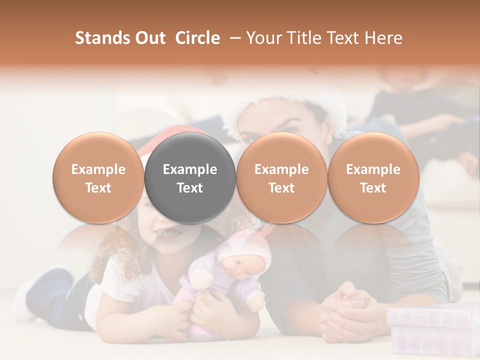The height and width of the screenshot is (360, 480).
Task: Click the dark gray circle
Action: (x=190, y=177)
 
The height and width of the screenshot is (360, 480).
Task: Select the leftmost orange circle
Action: (x=98, y=177)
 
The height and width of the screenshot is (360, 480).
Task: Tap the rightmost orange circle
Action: (x=373, y=177)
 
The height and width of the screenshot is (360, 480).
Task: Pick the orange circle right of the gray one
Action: (x=281, y=177)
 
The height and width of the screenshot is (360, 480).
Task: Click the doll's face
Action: (x=238, y=265)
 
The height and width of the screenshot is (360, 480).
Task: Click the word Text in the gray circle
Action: (x=190, y=188)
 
